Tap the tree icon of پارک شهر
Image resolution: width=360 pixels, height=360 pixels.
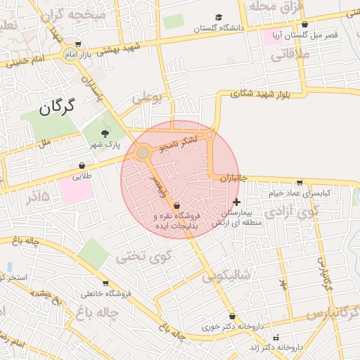click(105, 133)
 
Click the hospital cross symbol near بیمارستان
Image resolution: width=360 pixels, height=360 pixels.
click(236, 202)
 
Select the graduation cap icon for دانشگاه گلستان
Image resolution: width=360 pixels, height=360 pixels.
click(219, 18)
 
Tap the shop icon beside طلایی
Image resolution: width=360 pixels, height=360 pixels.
click(83, 167)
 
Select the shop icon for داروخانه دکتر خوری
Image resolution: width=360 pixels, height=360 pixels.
click(243, 316)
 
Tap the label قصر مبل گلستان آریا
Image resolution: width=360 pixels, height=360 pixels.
click(311, 34)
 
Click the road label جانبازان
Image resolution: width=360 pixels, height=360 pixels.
click(234, 179)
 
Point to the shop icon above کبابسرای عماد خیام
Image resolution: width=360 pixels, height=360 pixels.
click(300, 183)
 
